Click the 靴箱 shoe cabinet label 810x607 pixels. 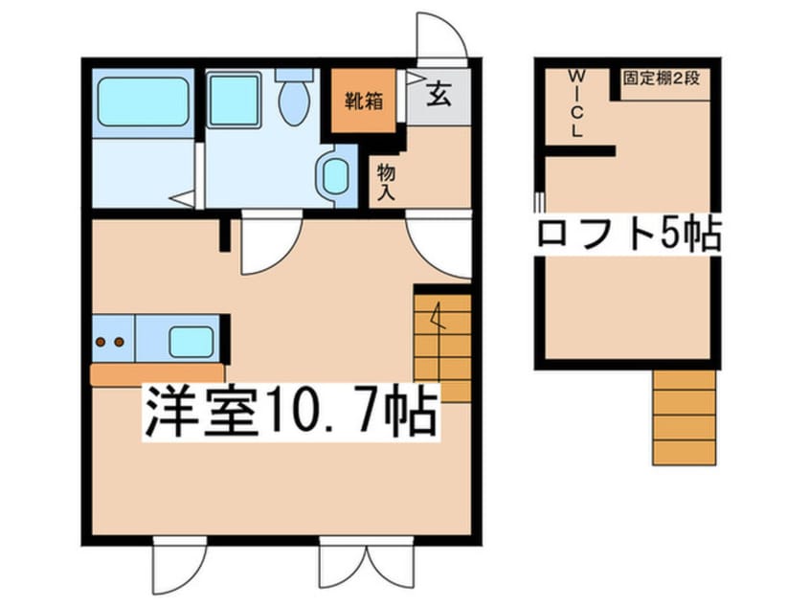coord(364,101)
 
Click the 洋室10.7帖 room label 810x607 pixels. coord(291,412)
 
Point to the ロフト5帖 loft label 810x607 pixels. coord(629,235)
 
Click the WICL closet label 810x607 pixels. coord(577,103)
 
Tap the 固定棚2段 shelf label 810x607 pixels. coord(662,78)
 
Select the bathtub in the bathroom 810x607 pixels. coord(143,101)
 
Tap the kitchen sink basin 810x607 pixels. coord(191,342)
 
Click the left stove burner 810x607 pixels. coord(101,342)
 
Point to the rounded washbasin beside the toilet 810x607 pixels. coord(335,175)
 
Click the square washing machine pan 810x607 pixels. coord(234,100)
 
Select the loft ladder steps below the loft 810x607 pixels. coord(684,417)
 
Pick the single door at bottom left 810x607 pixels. coord(180,566)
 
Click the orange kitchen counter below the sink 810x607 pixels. coord(158,374)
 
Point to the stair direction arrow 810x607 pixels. coord(439,316)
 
